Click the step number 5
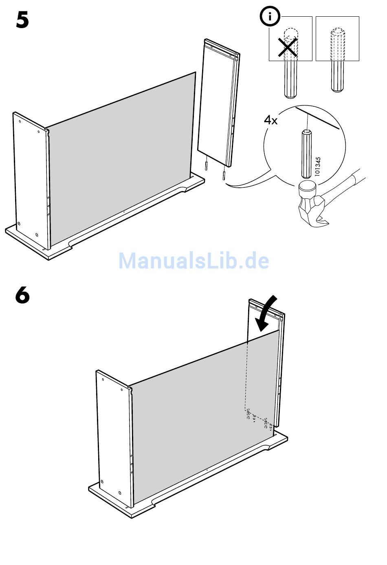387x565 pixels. (22, 20)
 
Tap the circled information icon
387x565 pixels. (269, 17)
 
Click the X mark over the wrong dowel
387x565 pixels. (288, 48)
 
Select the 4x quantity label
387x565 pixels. (270, 120)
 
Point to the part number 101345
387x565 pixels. (318, 166)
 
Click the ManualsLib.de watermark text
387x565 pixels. (193, 261)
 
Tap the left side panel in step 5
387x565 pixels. (31, 179)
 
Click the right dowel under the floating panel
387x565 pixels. (224, 175)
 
